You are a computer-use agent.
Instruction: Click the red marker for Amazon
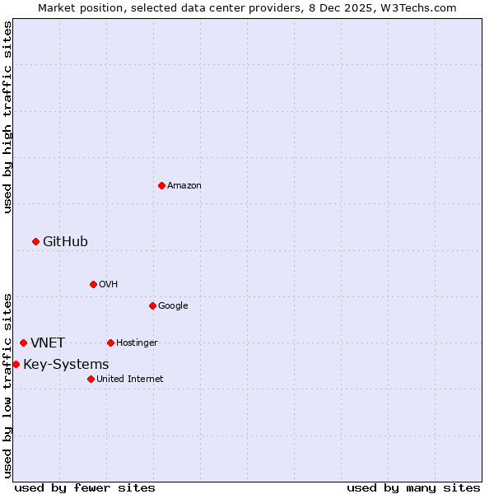(161, 185)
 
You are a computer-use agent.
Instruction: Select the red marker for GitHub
(35, 241)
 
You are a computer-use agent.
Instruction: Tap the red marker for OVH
(93, 284)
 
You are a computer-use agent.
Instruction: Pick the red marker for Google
(152, 305)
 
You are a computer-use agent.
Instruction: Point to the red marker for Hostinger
(110, 343)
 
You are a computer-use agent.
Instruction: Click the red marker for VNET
(23, 343)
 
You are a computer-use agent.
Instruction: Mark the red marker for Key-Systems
(16, 364)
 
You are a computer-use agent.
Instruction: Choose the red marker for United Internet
(91, 379)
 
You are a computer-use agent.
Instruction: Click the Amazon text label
(184, 186)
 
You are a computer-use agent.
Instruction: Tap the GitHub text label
(65, 241)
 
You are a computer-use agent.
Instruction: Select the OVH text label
(109, 285)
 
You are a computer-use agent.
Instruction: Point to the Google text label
(173, 306)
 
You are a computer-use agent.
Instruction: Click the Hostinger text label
(137, 343)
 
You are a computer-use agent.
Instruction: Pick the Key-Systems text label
(66, 365)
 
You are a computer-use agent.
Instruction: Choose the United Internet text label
(130, 380)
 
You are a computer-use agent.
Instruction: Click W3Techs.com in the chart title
(425, 7)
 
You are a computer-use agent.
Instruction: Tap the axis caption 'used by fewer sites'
(85, 487)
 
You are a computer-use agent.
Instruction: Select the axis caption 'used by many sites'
(413, 487)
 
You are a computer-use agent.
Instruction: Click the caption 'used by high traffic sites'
(7, 117)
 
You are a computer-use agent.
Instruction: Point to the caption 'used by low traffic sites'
(7, 384)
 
